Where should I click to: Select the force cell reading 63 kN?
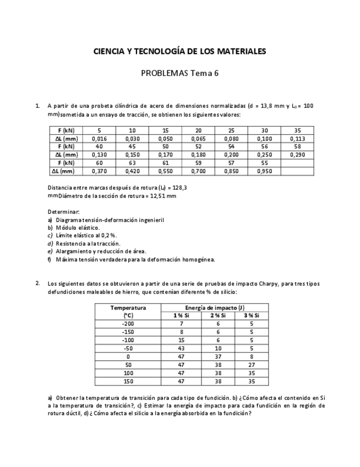pos(132,163)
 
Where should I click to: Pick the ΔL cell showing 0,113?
pos(297,139)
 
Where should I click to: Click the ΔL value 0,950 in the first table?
pos(264,171)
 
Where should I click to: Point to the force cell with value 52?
pos(198,147)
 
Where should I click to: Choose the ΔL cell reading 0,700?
pos(198,171)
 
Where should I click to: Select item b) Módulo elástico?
pos(77,227)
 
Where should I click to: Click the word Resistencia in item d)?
pos(71,243)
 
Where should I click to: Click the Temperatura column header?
pos(128,308)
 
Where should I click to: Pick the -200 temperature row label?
pos(128,324)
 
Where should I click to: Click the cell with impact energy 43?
pos(181,348)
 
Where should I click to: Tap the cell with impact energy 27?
pos(252,365)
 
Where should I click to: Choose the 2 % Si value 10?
pos(218,348)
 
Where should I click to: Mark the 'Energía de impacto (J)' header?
pos(215,308)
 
